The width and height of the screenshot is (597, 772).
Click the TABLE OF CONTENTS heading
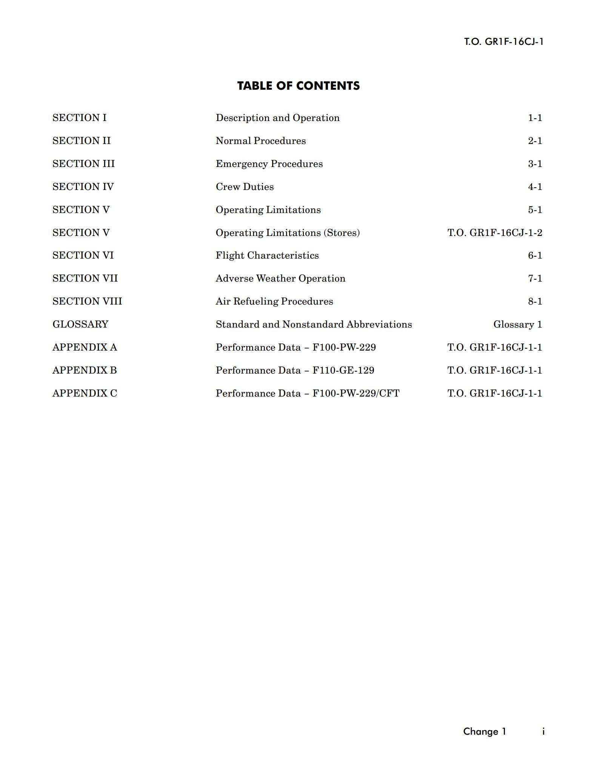click(x=298, y=86)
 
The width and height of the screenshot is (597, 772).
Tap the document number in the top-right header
click(x=503, y=41)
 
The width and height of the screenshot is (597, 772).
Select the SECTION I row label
click(x=79, y=118)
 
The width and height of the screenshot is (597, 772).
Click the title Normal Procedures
click(x=260, y=141)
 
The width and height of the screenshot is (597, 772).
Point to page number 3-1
click(x=535, y=164)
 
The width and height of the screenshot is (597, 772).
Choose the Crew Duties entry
click(x=245, y=187)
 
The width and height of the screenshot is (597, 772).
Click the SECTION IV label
click(x=83, y=187)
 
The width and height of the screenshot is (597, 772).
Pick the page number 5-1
click(x=535, y=210)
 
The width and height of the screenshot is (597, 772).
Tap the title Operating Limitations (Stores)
click(x=288, y=233)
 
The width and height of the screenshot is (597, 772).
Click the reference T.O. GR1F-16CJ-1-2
click(x=494, y=233)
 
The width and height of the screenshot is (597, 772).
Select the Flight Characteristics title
click(x=267, y=255)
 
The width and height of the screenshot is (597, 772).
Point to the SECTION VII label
click(x=85, y=278)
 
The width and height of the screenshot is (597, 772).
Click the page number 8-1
click(x=535, y=301)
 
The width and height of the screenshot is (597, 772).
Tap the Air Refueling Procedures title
click(x=274, y=301)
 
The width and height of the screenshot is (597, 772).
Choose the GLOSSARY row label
click(x=80, y=324)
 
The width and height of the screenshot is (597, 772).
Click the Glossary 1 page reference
click(x=517, y=324)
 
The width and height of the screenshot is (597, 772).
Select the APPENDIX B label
click(x=85, y=370)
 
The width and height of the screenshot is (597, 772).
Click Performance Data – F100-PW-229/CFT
click(x=307, y=393)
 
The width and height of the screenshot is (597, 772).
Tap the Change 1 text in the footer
click(x=484, y=732)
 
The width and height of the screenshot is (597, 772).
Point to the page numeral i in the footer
click(x=543, y=732)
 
